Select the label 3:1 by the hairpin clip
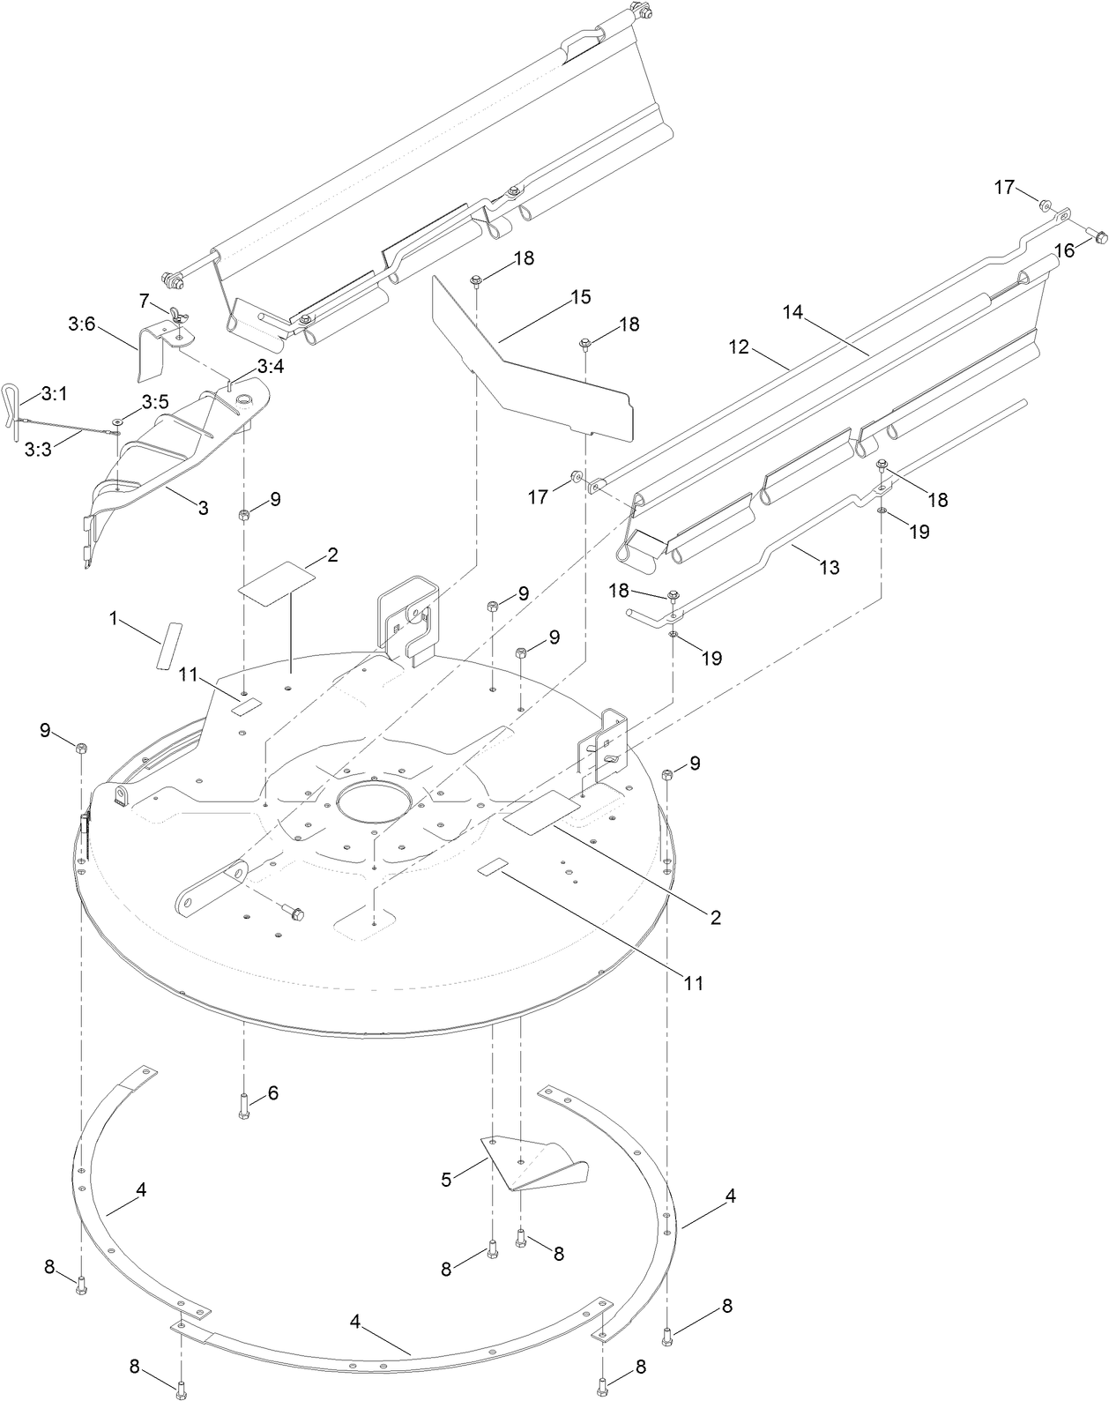click(54, 393)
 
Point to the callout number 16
click(1064, 251)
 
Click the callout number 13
click(829, 568)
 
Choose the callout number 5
click(447, 1179)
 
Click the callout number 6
click(272, 1093)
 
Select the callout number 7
click(145, 302)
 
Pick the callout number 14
click(793, 311)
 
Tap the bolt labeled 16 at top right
click(1097, 236)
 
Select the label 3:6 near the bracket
click(81, 324)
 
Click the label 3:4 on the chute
click(270, 366)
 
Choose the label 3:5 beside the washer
click(155, 402)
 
